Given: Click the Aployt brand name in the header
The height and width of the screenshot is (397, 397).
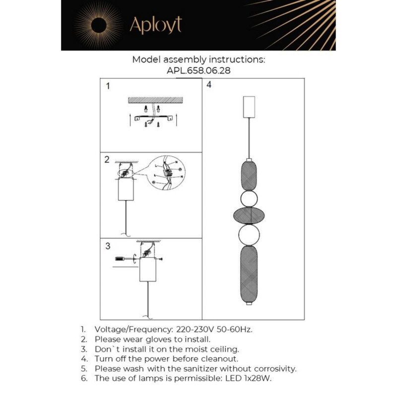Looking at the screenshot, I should tap(155, 25).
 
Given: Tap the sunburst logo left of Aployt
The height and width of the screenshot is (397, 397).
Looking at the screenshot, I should tap(97, 25).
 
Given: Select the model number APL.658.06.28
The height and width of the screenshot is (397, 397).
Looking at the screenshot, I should tap(198, 70).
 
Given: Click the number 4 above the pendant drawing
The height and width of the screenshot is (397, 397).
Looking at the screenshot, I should tap(209, 85).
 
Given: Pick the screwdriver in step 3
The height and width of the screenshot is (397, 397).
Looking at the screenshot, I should tap(124, 259).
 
